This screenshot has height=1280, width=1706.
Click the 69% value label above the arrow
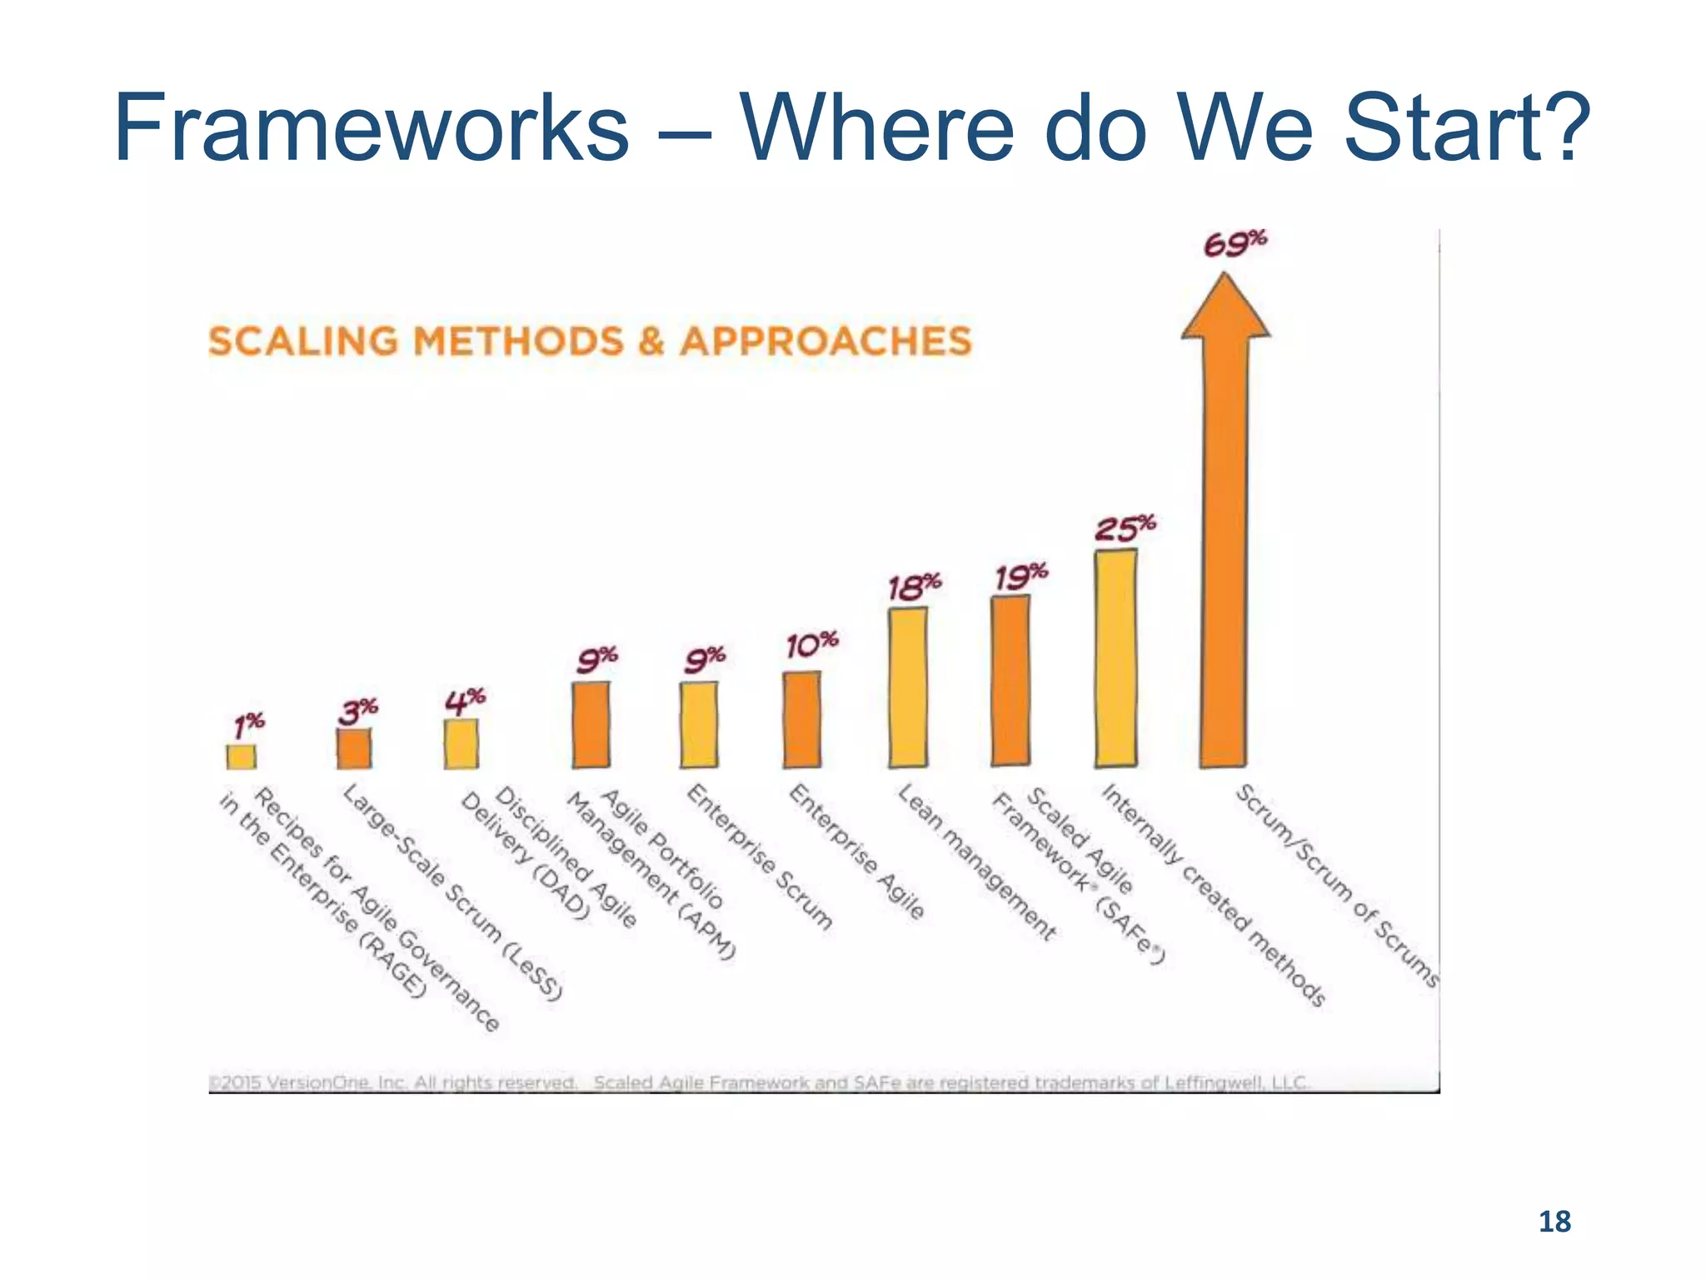tap(1235, 244)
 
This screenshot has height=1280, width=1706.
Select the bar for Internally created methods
tap(1115, 657)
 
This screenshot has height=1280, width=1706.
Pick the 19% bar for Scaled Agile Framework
tap(1010, 680)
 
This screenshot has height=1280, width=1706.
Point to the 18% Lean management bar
tap(907, 687)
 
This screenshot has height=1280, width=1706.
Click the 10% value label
tap(812, 644)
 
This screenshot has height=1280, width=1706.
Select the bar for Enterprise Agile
tap(801, 719)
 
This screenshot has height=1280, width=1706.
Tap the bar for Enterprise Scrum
tap(698, 724)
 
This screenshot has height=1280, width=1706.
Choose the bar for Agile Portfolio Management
tap(591, 724)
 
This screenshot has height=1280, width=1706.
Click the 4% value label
tap(465, 700)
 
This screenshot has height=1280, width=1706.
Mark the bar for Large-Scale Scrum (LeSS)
tap(354, 747)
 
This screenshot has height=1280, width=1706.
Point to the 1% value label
tap(249, 725)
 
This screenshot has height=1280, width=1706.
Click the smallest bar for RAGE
tap(242, 756)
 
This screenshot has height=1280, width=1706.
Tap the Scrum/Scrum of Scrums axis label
tap(1336, 885)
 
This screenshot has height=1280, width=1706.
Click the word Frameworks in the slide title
tap(372, 128)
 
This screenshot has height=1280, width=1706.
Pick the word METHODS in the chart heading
tap(518, 342)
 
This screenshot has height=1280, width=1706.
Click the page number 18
tap(1554, 1222)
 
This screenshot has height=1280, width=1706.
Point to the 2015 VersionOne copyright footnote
tap(392, 1082)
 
